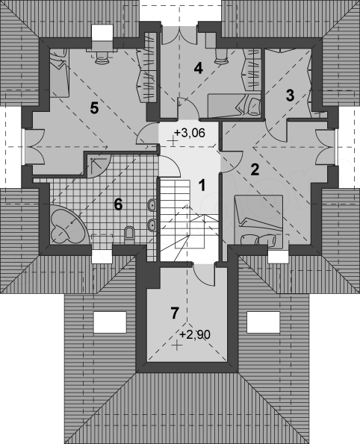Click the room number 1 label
pos(202,185)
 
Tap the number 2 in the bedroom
pos(255,169)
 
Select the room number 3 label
pos(290,96)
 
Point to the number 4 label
pos(199,68)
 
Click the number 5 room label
pos(94,108)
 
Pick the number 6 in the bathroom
pos(118,204)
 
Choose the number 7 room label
pos(175,313)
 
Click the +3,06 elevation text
pos(190,133)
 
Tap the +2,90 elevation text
pos(195,334)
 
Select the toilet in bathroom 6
pos(129,235)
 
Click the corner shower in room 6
pos(98,166)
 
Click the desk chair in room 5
pos(102,57)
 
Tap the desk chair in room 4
pos(221,57)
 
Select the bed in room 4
pos(234,105)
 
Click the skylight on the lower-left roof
pos(110,322)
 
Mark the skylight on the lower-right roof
pos(264,322)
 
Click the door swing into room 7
pos(204,274)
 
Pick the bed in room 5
pos(60,73)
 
